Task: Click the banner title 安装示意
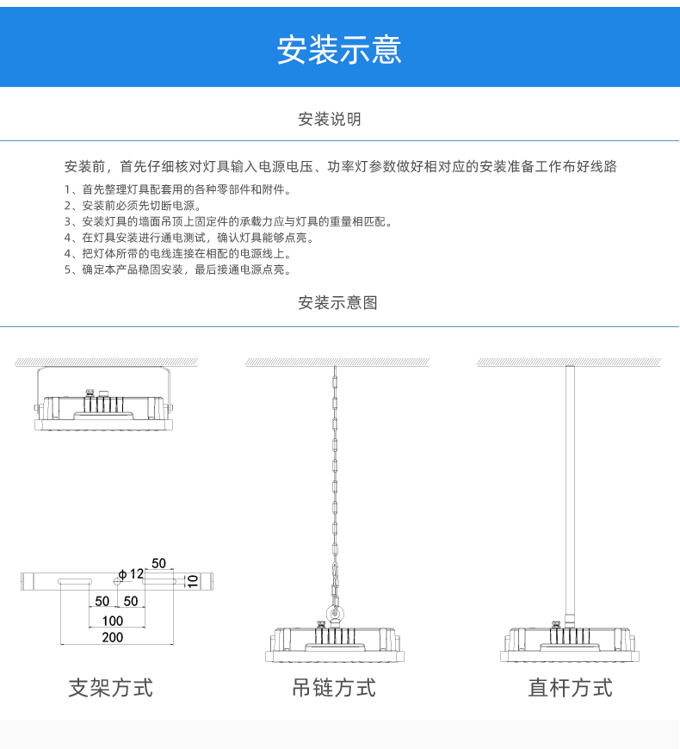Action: click(339, 50)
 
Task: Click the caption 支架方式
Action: click(111, 688)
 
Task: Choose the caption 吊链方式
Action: click(334, 688)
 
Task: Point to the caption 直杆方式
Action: click(570, 688)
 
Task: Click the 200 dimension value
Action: click(112, 638)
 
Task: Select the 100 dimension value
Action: click(112, 621)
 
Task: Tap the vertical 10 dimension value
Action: click(193, 582)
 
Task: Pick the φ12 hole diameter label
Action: click(131, 573)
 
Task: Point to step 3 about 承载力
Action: click(228, 222)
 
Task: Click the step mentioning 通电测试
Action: click(189, 238)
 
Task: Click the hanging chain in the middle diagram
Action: click(335, 482)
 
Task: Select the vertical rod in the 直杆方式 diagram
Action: click(569, 491)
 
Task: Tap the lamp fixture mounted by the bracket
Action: click(104, 411)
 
